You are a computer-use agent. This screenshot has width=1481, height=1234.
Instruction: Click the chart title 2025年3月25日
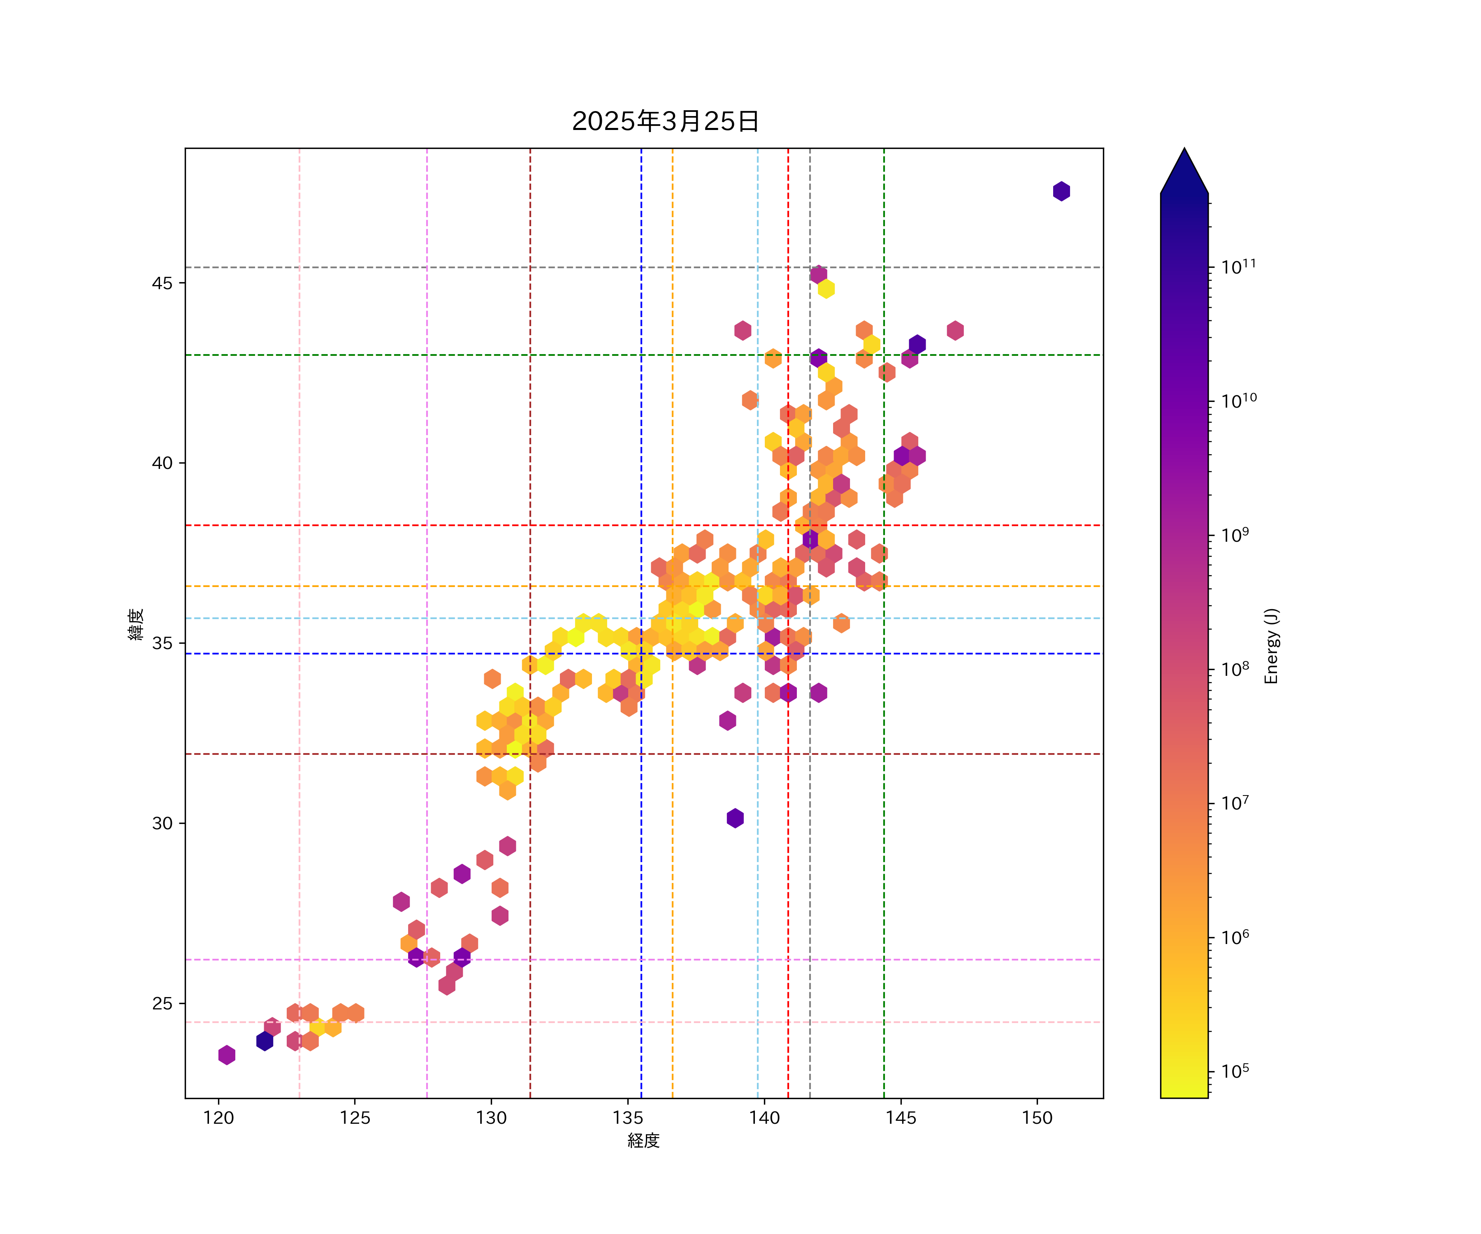click(x=665, y=121)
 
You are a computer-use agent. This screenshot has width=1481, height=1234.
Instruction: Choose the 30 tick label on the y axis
click(x=162, y=823)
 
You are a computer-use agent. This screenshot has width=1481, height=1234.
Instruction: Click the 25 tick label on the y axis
click(x=162, y=1003)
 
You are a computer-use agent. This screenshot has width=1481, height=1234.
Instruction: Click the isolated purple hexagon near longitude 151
click(x=1061, y=191)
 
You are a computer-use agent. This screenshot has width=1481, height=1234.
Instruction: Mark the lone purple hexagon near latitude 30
click(x=735, y=819)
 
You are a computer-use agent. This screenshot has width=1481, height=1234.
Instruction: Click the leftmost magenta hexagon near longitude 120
click(x=226, y=1055)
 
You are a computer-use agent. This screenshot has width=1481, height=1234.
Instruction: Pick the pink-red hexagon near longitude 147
click(x=955, y=330)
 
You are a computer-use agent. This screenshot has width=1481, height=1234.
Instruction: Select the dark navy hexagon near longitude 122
click(x=265, y=1041)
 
